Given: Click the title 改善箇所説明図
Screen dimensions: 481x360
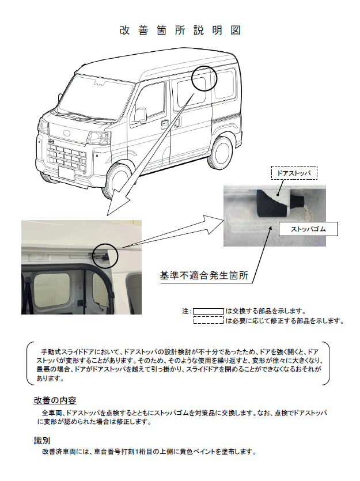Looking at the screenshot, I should (x=180, y=31).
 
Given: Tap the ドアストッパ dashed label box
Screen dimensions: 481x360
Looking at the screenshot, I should (x=294, y=172).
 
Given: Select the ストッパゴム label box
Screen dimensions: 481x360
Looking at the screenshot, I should (x=308, y=229).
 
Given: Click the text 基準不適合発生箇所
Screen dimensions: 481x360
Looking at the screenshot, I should (x=204, y=275).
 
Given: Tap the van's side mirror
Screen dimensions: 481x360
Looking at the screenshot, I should (x=141, y=115).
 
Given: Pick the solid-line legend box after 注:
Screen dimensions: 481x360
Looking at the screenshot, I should (x=208, y=311).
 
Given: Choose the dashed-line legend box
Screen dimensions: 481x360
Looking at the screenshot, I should (x=208, y=321).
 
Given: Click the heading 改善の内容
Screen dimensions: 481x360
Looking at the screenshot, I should (x=55, y=400).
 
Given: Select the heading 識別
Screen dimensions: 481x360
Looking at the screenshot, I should (x=41, y=440).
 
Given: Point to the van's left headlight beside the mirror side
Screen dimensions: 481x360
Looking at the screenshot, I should (x=101, y=138).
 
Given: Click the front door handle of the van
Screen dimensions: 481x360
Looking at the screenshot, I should (x=165, y=124).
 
